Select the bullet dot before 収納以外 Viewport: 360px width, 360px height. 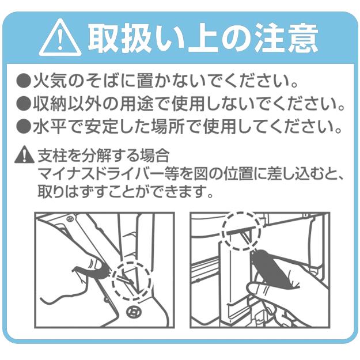(x=22, y=105)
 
